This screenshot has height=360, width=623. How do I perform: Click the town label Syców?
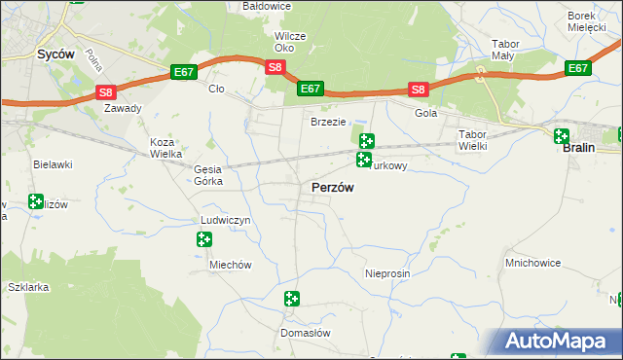55,55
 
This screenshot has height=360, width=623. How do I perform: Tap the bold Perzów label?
332,187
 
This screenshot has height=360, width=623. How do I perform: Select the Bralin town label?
579,152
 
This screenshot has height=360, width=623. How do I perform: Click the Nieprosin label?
387,274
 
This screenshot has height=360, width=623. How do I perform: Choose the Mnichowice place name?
535,263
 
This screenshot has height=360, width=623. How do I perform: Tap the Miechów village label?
231,266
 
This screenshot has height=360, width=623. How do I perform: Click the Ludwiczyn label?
226,221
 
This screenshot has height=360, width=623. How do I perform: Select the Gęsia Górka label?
208,175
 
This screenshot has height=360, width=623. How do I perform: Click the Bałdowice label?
266,7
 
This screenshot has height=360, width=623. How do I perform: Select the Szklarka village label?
27,288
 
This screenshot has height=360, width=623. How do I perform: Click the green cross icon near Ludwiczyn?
204,239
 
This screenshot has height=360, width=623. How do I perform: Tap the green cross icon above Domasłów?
291,299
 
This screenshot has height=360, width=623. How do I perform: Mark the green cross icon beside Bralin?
562,136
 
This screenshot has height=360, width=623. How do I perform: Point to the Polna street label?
94,63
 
